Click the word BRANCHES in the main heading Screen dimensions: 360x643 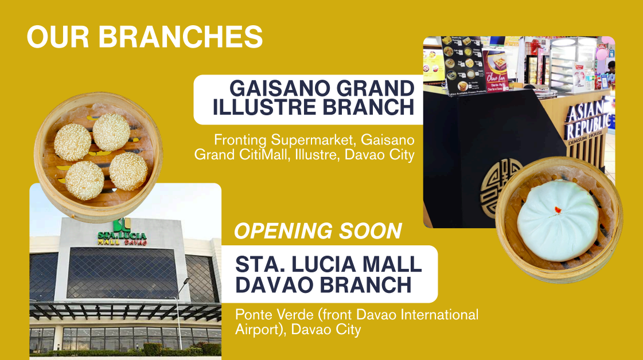[x=181, y=37]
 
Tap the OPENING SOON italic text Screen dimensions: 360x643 [x=318, y=231]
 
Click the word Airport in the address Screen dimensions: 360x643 [x=261, y=330]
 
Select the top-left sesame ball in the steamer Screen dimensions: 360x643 [x=72, y=142]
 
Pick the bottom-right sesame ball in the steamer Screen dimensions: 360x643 [x=128, y=171]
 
